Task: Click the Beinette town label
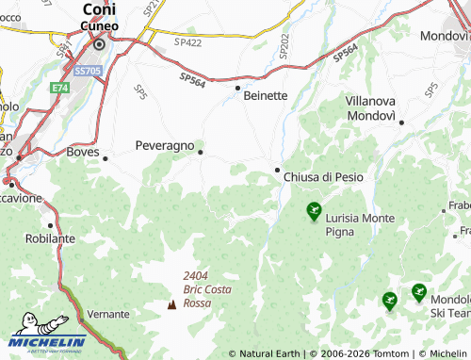266,96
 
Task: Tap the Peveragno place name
165,146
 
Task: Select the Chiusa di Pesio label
323,177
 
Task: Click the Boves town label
83,151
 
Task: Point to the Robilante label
51,238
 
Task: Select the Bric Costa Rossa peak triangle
171,304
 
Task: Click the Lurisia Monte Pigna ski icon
314,212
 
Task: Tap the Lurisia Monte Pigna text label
360,223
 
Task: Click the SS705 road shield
88,71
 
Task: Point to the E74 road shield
60,87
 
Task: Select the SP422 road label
188,42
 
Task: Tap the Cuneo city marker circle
98,42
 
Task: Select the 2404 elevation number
196,274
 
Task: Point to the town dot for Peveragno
200,150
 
